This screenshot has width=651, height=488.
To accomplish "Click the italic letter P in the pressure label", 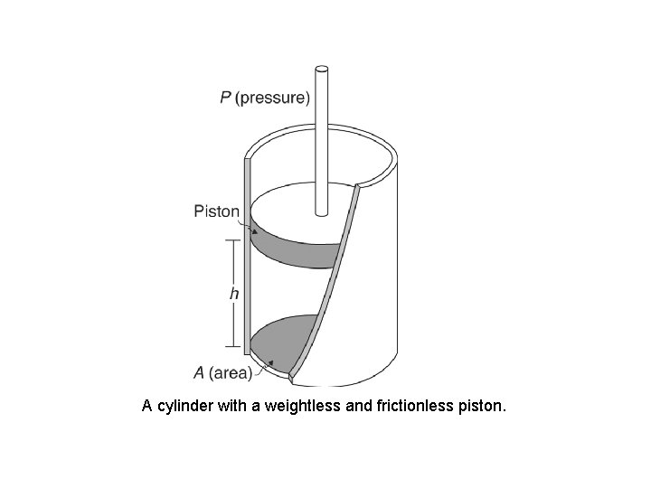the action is tap(225, 97).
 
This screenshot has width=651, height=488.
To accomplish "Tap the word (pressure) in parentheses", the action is tap(272, 98).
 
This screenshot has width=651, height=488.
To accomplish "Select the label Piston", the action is tap(217, 211).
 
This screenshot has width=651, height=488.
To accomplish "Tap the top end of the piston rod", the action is tap(320, 70).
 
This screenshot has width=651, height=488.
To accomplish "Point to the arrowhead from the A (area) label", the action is tap(269, 362).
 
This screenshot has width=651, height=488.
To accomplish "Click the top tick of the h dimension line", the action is tap(233, 239).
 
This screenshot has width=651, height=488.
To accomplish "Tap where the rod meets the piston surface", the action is tap(320, 215).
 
